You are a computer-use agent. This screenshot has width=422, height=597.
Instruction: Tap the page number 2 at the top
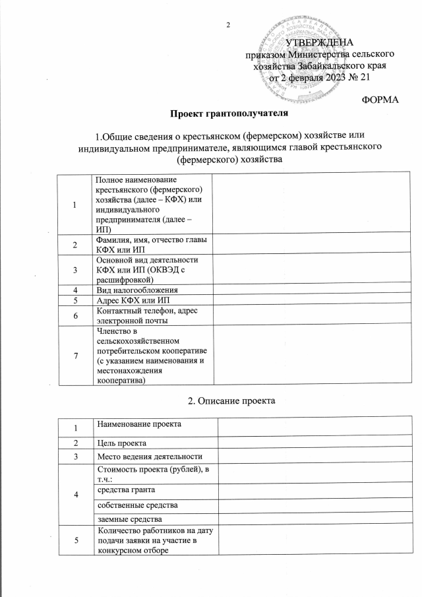pos(227,26)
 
